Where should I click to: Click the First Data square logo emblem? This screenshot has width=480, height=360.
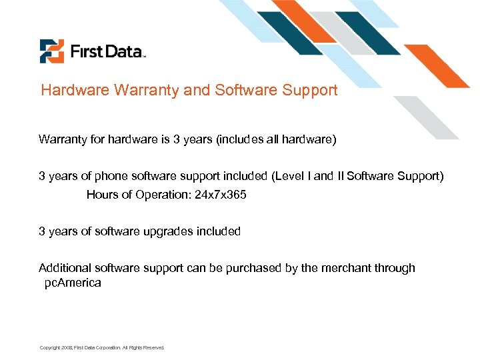coord(51,51)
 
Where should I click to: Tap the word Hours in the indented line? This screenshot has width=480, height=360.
coord(101,195)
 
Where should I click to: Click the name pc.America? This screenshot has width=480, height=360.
coord(73,282)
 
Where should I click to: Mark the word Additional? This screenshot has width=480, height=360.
coord(65,268)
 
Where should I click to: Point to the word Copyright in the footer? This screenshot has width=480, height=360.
coord(50,347)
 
